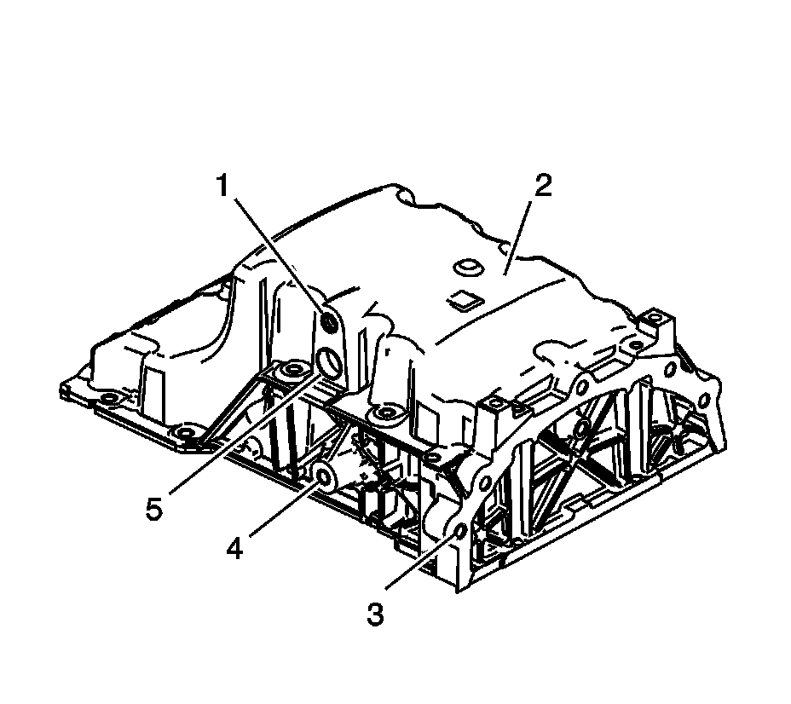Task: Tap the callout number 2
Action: pos(543,187)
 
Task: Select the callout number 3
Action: pos(374,614)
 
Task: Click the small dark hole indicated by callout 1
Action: pos(330,322)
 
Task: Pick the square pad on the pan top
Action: pos(462,298)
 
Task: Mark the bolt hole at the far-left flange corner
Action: pos(105,398)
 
